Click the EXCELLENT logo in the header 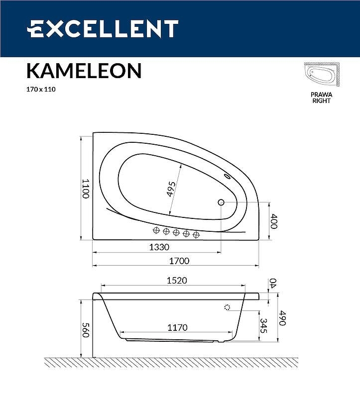pos(103,29)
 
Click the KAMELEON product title pos(84,71)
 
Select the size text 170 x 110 pos(40,90)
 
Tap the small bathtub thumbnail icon pos(321,76)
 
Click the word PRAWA pos(321,95)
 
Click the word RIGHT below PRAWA pos(321,100)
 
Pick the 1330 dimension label pos(159,247)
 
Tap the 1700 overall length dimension pos(179,261)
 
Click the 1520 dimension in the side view pos(176,281)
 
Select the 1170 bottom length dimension pos(177,327)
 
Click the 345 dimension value pos(264,326)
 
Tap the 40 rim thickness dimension pos(272,283)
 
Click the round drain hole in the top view pos(221,202)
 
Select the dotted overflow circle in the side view pos(228,307)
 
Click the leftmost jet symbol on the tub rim pos(156,230)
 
